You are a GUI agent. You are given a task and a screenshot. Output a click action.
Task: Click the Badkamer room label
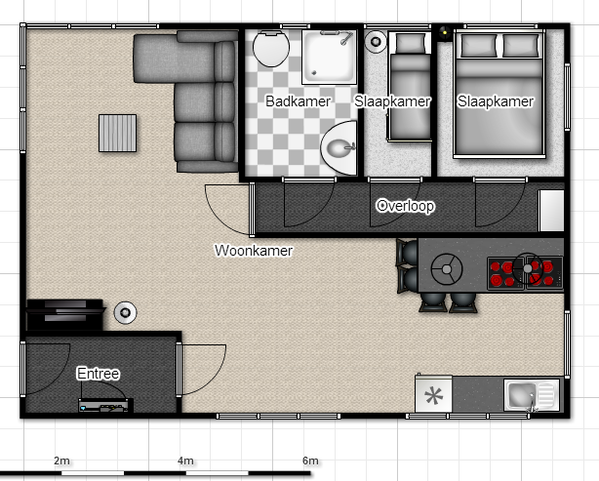[298, 101]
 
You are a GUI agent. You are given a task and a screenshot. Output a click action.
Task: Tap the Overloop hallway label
[405, 206]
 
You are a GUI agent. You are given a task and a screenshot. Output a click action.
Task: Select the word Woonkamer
[254, 251]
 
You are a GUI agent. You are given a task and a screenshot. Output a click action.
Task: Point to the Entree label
[99, 374]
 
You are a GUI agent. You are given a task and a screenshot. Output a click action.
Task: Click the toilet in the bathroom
[271, 49]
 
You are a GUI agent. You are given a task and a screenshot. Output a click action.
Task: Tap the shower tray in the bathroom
[330, 58]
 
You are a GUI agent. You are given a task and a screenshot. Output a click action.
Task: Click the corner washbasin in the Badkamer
[339, 148]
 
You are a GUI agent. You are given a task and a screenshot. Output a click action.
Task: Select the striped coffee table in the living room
[118, 134]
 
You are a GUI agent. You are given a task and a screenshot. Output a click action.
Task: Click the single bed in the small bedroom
[410, 87]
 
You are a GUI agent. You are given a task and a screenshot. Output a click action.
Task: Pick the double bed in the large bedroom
[499, 94]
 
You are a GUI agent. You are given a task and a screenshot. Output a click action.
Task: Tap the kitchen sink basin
[520, 395]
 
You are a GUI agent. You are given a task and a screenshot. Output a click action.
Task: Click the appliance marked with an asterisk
[433, 394]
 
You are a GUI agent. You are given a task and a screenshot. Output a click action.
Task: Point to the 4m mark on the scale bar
[186, 473]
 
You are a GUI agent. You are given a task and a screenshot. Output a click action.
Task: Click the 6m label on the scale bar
[310, 461]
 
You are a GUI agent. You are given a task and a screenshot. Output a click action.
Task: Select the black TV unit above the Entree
[64, 315]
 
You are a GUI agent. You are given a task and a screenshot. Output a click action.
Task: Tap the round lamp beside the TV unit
[125, 313]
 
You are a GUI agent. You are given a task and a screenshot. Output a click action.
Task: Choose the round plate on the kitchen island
[447, 269]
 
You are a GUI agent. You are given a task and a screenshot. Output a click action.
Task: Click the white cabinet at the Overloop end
[551, 211]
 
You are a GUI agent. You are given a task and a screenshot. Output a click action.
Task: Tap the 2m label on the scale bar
[61, 461]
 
